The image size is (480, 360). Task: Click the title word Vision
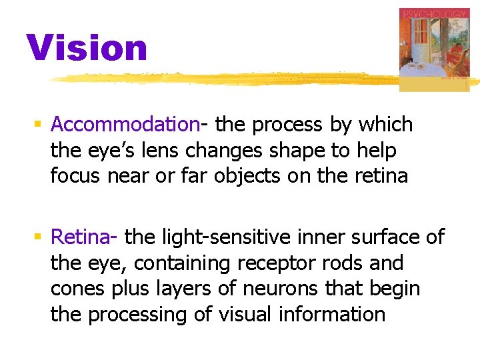[87, 48]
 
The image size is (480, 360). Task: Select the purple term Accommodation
[125, 125]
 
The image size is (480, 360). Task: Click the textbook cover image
[433, 49]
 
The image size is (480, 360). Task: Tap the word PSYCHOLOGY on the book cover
[433, 14]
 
